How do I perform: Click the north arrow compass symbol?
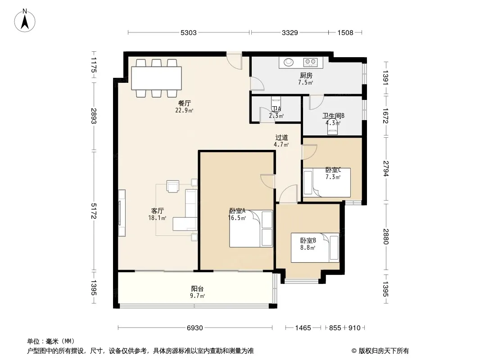[25, 21]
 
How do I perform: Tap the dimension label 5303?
[188, 32]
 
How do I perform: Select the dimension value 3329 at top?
[290, 32]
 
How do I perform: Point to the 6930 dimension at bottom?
[195, 328]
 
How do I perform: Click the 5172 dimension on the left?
[94, 211]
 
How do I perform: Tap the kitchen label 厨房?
[306, 75]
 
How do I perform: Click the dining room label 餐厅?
[184, 103]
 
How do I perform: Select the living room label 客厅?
[157, 211]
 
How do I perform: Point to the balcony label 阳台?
[197, 289]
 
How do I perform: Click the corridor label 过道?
[281, 137]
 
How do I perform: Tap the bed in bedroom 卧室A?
[251, 229]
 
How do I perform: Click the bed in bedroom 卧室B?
[315, 248]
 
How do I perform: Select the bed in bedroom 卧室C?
[327, 183]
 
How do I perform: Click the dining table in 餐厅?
[156, 78]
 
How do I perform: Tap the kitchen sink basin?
[288, 63]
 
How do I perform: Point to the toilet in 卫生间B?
[332, 127]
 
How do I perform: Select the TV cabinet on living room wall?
[122, 213]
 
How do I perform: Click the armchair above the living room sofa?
[173, 186]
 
